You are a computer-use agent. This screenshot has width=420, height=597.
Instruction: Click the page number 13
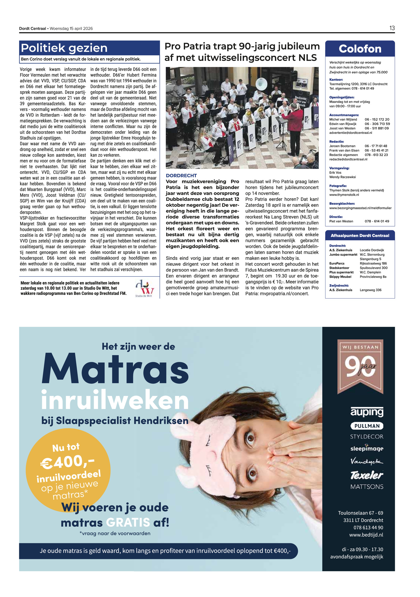392,28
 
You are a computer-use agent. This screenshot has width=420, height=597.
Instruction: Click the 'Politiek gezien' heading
64,48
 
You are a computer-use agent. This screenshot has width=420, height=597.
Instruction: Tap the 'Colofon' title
360,49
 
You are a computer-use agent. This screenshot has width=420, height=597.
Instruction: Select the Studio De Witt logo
144,288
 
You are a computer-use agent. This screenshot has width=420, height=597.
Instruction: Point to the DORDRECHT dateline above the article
181,175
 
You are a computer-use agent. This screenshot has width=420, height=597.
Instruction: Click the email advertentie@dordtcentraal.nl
350,133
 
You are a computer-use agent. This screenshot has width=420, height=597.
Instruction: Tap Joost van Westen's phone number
376,128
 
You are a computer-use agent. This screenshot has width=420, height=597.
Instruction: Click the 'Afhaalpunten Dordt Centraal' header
360,235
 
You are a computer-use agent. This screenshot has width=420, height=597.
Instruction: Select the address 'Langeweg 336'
370,290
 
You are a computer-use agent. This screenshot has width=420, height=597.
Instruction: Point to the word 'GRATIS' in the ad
128,522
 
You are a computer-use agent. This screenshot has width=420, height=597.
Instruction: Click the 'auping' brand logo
367,412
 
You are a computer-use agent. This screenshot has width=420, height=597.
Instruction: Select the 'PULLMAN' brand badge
367,426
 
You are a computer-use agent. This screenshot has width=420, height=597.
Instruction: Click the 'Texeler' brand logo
367,475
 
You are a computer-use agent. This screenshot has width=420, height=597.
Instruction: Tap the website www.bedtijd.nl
366,535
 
